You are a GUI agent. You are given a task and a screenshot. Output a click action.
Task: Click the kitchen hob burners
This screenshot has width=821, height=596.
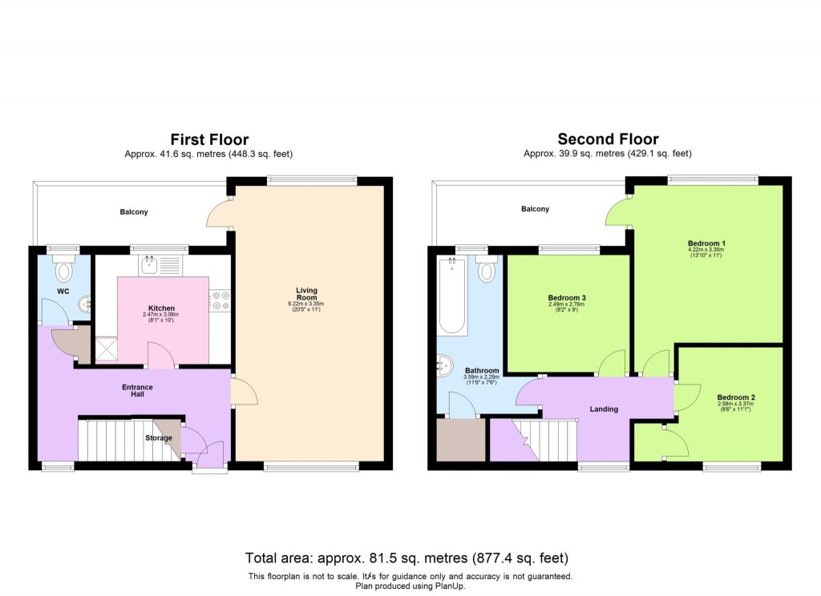[x=220, y=300]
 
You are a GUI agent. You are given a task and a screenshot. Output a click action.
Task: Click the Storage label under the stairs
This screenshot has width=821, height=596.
[x=159, y=438]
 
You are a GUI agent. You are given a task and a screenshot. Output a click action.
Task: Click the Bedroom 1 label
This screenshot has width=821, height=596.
[x=706, y=243]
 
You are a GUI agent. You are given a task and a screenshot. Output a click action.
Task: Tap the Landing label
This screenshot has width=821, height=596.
[x=604, y=409]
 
